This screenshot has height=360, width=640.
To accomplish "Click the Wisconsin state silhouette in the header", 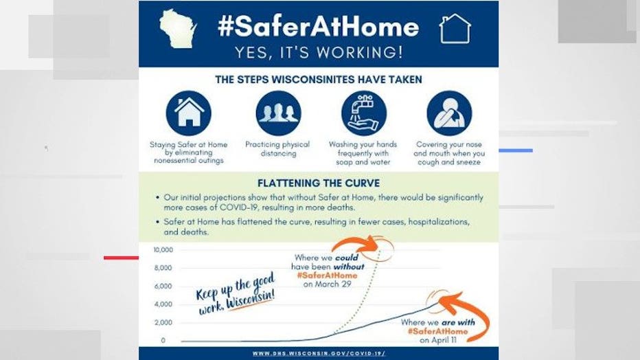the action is click(178, 29).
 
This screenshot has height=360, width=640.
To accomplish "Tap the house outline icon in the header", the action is click(455, 29).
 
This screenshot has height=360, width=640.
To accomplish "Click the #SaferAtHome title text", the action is click(319, 27).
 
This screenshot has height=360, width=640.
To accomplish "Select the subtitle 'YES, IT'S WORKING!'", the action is click(319, 52).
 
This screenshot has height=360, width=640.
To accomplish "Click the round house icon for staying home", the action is click(189, 113).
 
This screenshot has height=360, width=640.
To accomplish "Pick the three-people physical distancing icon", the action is click(279, 113).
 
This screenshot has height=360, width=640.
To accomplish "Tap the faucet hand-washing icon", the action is click(364, 113).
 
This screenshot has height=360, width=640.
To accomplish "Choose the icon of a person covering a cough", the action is click(449, 113).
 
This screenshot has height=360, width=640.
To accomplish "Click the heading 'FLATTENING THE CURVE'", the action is click(319, 183).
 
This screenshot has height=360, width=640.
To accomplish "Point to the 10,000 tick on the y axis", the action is click(163, 250).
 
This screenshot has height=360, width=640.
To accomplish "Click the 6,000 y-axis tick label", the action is click(163, 286).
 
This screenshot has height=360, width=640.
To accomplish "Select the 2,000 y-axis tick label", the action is click(163, 322).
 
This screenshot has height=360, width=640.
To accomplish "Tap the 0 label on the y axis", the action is click(163, 340).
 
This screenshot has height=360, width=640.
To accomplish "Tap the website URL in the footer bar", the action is click(319, 353).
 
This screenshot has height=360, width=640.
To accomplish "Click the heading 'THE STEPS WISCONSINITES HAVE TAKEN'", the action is click(319, 80).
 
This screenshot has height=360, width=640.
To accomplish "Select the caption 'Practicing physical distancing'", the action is click(277, 149).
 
